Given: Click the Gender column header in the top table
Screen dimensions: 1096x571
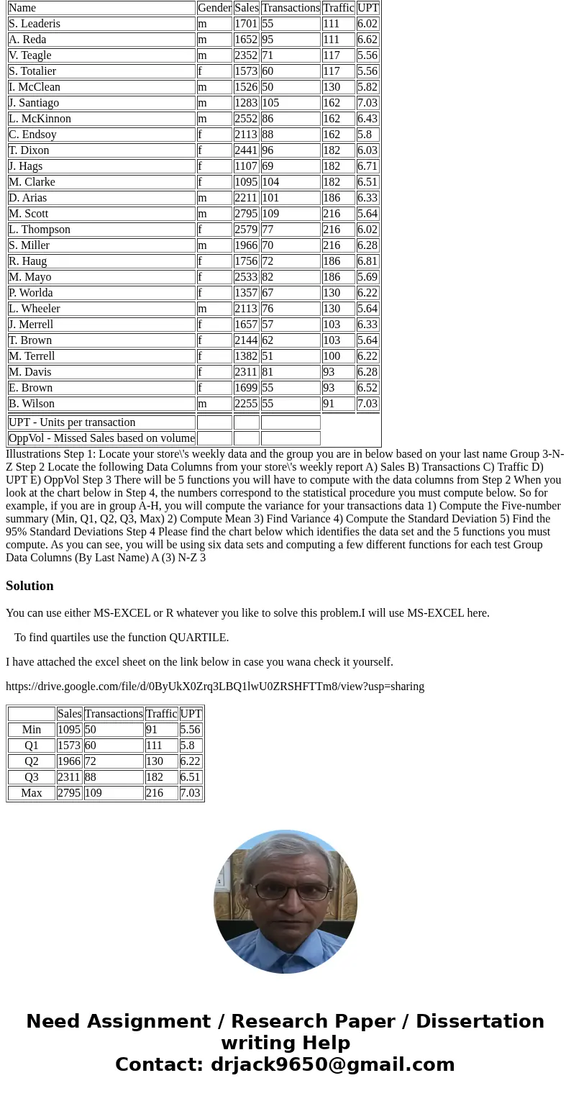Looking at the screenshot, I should point(214,8).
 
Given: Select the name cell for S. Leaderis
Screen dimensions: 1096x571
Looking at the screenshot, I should point(35,24).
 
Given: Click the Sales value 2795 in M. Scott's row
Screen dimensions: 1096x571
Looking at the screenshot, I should point(246,214).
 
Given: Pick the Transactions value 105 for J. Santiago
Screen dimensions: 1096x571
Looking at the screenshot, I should point(270,103).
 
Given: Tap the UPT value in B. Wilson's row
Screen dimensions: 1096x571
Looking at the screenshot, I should point(367,404).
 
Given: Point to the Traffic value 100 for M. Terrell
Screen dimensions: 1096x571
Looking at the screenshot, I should point(331,356).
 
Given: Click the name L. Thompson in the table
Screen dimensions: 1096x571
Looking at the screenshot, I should point(40,230).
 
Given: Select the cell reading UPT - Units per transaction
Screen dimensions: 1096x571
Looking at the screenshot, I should point(72,422).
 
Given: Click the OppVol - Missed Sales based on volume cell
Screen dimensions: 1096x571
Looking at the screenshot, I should point(101,438).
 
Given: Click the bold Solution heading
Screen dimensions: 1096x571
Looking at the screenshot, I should point(29,586).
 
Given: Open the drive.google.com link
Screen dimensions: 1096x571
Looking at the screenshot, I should point(214,687).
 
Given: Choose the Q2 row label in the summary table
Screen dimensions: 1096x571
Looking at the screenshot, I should point(32,761).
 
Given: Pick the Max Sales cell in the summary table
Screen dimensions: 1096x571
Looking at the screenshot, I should point(69,793).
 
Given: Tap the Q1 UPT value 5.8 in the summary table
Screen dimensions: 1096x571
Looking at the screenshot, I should point(187,746).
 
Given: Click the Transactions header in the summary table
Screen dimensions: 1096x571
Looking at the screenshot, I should point(114,714).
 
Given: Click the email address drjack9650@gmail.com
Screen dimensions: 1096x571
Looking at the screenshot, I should point(332,1064).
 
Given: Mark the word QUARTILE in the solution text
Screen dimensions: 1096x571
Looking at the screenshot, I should point(198,638).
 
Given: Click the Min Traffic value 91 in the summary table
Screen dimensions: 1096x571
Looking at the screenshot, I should point(152,730).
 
